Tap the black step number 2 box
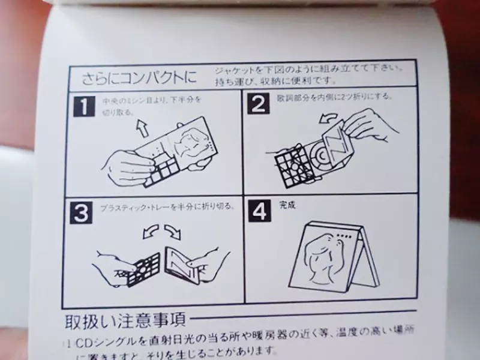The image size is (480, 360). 259,104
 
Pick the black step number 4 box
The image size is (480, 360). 260,211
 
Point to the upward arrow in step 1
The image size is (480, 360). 142,127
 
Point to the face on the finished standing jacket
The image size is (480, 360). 321,255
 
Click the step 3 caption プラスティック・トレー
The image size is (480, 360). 150,206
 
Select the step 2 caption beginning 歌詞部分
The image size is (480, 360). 336,95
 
